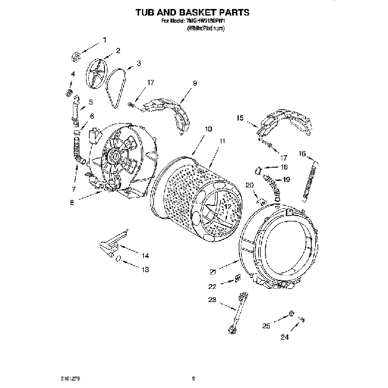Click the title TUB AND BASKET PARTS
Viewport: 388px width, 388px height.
(x=192, y=11)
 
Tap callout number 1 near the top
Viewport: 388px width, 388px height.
(x=105, y=40)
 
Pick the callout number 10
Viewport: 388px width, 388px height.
(x=208, y=129)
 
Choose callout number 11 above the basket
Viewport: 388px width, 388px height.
(x=222, y=141)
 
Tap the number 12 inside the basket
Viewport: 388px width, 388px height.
(x=227, y=206)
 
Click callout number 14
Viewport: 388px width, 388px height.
(x=144, y=255)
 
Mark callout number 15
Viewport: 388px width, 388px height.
(x=241, y=118)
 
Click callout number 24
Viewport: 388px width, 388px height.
(x=285, y=337)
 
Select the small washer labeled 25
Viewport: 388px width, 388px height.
(x=290, y=314)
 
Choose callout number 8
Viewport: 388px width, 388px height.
(x=72, y=202)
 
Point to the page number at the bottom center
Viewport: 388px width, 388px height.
(x=193, y=377)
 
